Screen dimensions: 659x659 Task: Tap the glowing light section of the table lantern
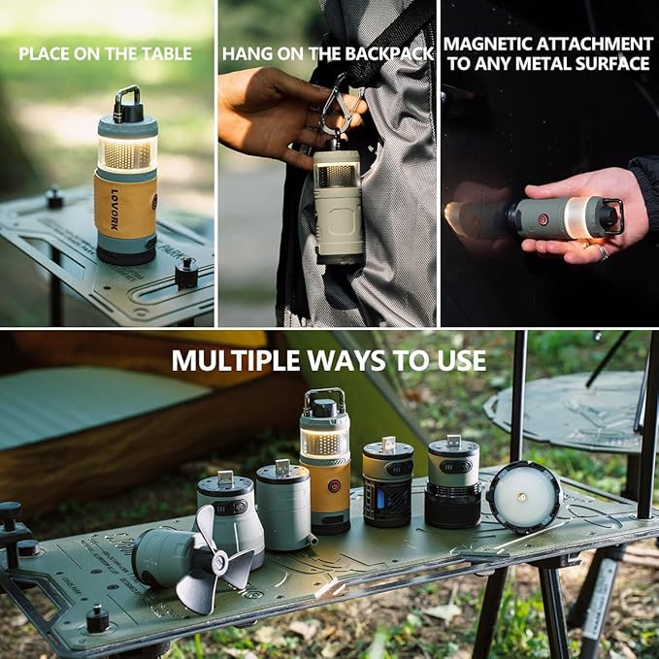click(x=126, y=153)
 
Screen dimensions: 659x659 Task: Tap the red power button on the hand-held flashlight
click(x=544, y=219)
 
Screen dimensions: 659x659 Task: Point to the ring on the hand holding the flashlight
click(x=602, y=252)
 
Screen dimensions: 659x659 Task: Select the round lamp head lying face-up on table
click(x=524, y=496)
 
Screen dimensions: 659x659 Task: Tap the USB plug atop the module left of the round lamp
click(x=453, y=443)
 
